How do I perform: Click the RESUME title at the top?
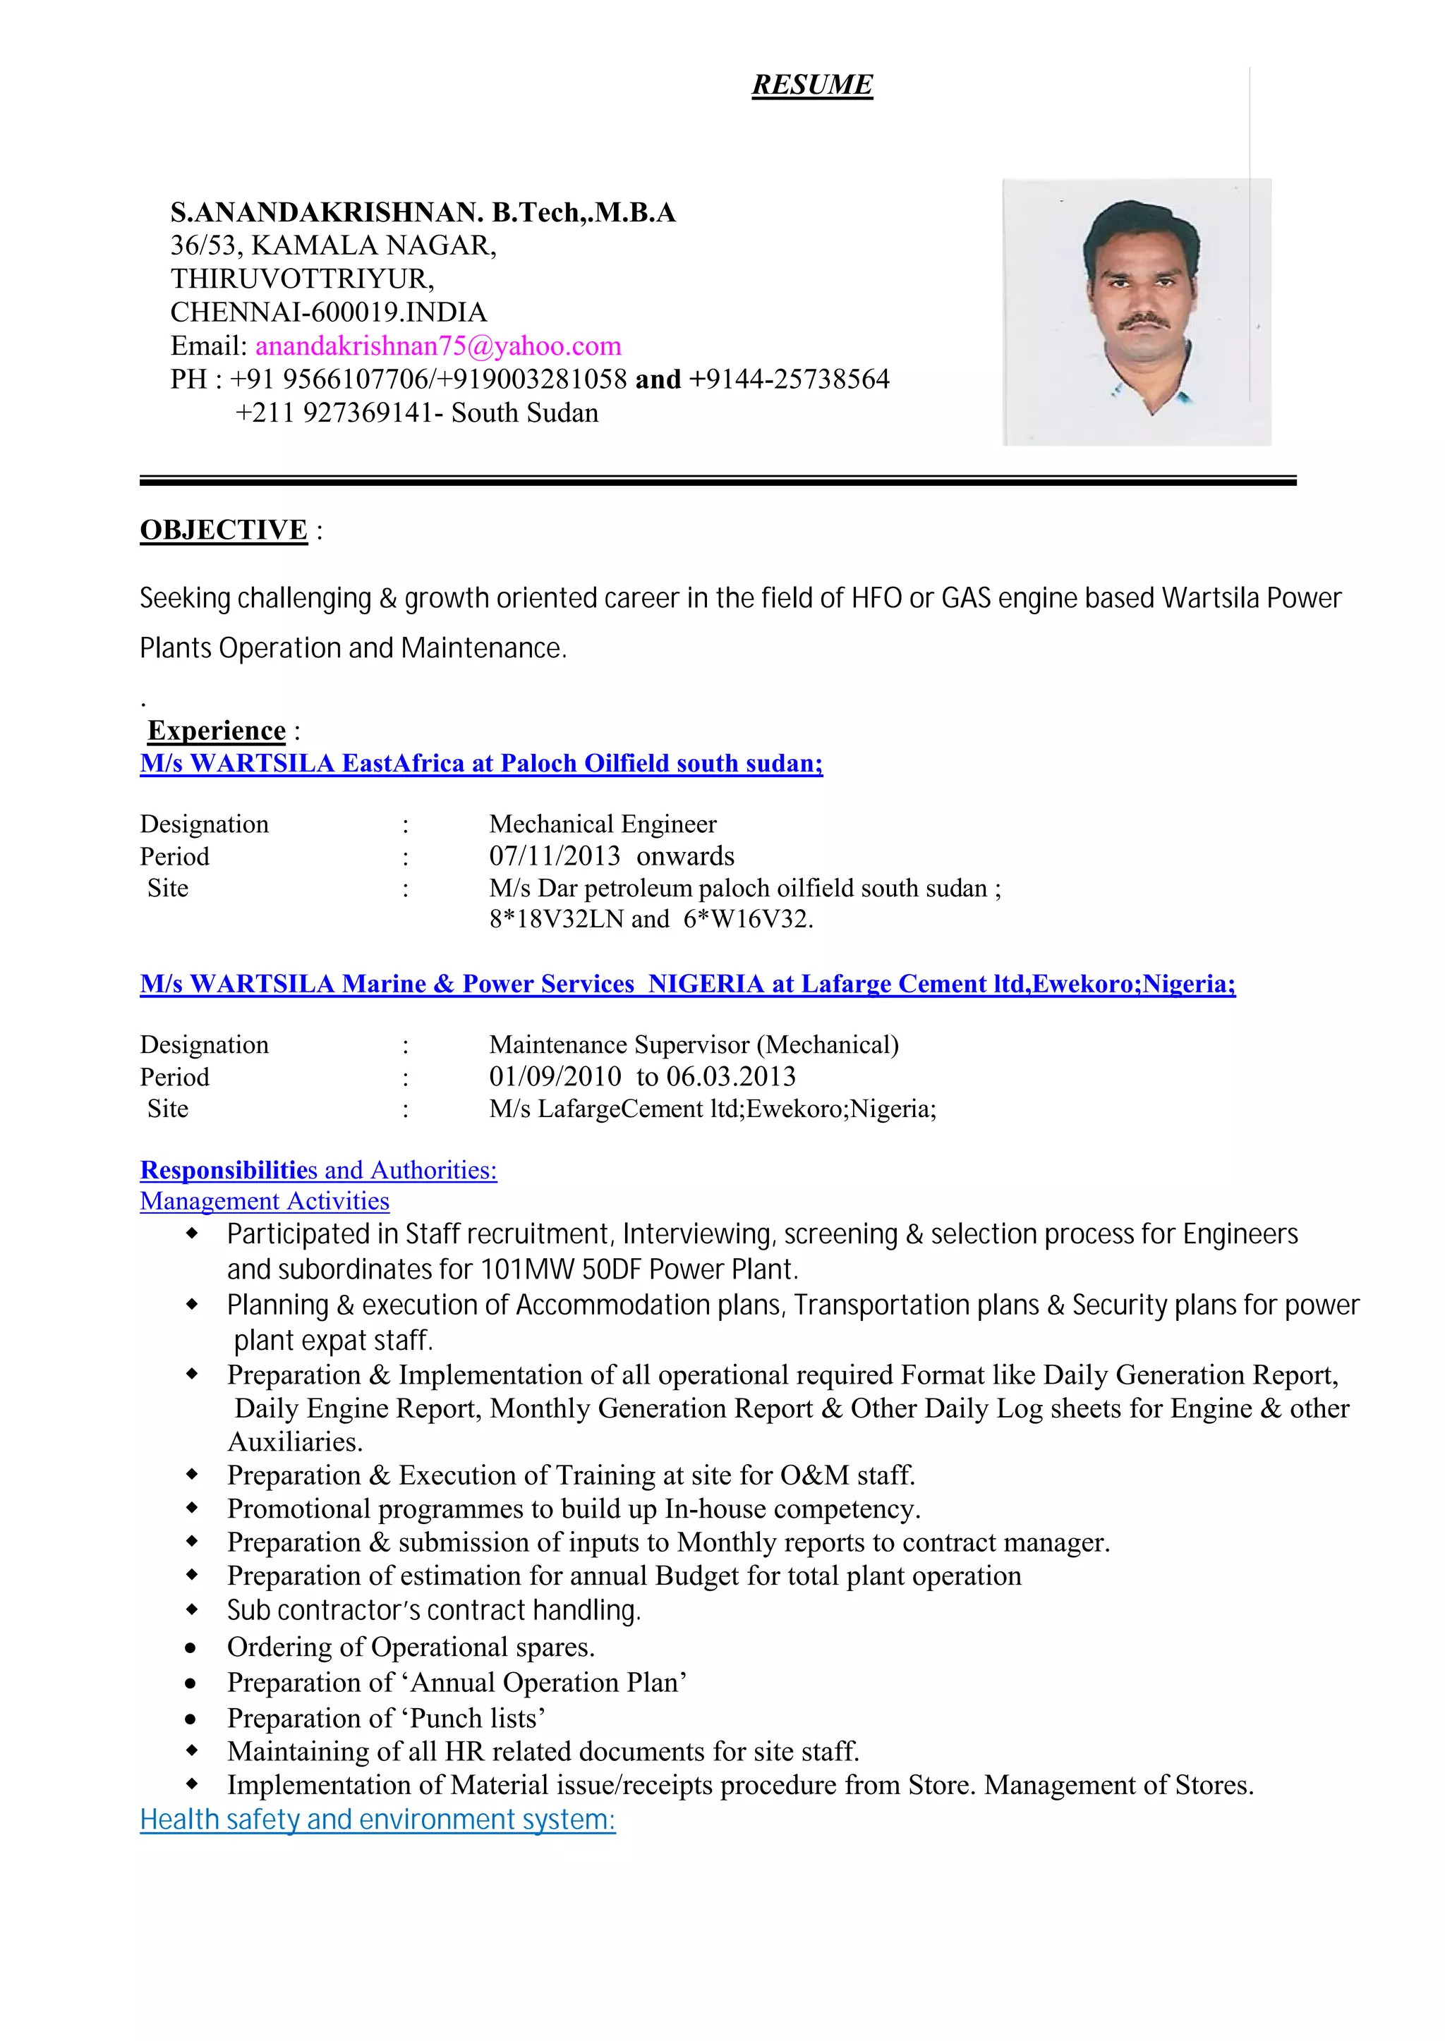811,85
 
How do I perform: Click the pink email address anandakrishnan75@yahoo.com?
437,346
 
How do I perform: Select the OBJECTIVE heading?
224,530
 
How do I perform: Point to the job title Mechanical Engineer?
603,824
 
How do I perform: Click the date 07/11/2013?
555,856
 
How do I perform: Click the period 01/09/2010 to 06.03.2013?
641,1077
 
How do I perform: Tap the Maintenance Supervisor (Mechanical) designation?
693,1045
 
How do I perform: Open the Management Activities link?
265,1202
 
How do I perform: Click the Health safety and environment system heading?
377,1820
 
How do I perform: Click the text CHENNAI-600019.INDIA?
328,312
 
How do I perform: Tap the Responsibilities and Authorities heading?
318,1170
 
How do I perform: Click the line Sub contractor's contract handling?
433,1611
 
